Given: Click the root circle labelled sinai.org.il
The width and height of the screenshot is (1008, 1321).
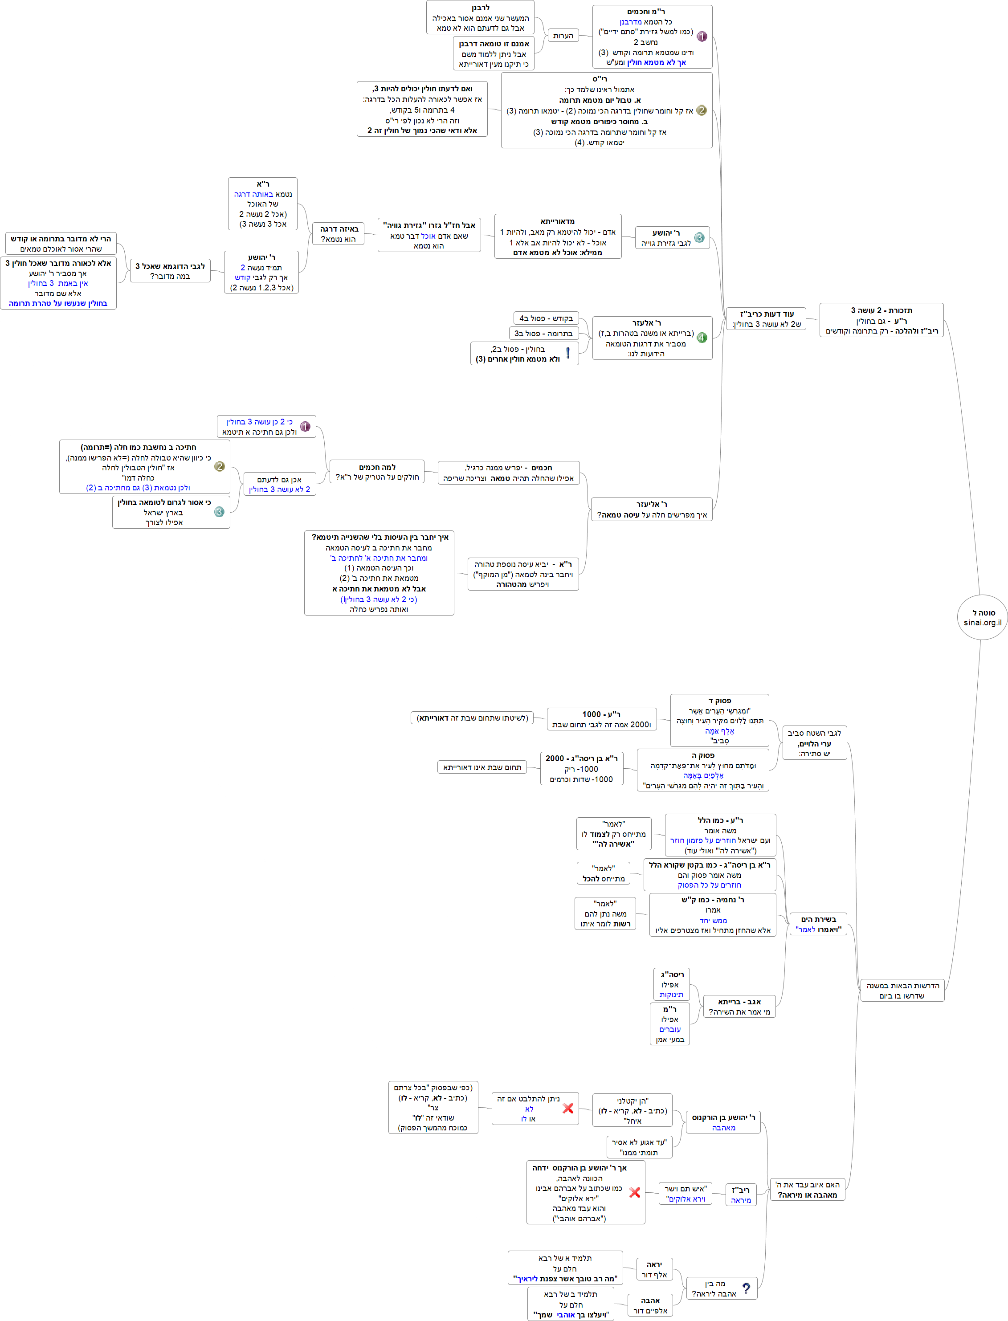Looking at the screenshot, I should tap(982, 617).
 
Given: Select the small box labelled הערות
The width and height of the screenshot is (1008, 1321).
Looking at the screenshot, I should tap(563, 35).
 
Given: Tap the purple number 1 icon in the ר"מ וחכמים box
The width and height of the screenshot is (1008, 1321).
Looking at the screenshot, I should tap(702, 37).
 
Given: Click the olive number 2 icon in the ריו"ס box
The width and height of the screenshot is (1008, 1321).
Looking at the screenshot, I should tap(702, 110).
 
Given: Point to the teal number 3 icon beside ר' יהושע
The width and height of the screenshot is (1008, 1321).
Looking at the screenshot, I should tap(699, 237).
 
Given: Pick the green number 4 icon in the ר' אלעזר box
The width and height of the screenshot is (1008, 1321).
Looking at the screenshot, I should tap(702, 338).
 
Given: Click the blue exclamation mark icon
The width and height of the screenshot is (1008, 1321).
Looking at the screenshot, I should tap(567, 353).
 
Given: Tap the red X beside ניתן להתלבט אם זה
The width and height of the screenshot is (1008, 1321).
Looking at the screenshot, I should tap(567, 1109).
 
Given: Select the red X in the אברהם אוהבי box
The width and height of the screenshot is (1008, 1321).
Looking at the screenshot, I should tap(634, 1192).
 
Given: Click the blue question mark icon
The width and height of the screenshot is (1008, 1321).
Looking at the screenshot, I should tap(746, 1288).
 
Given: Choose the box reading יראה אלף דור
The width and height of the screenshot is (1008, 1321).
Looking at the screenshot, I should tap(654, 1269).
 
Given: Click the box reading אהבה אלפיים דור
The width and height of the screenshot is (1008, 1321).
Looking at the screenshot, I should tap(650, 1305).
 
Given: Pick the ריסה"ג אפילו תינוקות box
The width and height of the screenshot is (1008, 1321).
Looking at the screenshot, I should tap(671, 984).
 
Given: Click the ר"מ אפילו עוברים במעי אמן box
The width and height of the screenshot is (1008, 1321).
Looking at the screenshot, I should tap(669, 1024).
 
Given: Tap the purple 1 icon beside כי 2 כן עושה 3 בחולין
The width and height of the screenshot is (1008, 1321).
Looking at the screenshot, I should tap(305, 427).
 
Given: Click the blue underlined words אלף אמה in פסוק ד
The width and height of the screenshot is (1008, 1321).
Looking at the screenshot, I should tap(719, 731).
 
